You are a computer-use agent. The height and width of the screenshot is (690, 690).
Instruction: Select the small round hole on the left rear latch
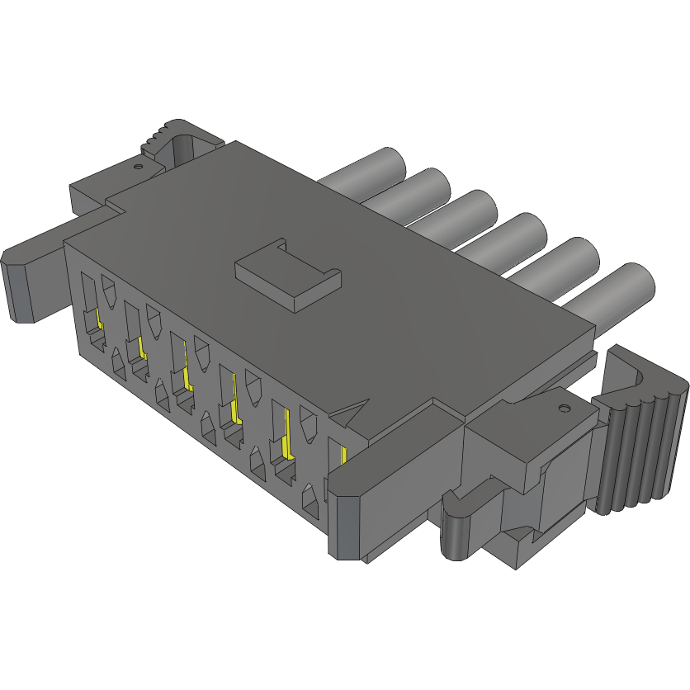(x=138, y=164)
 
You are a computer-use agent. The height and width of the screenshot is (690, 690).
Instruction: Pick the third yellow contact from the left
(x=187, y=376)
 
